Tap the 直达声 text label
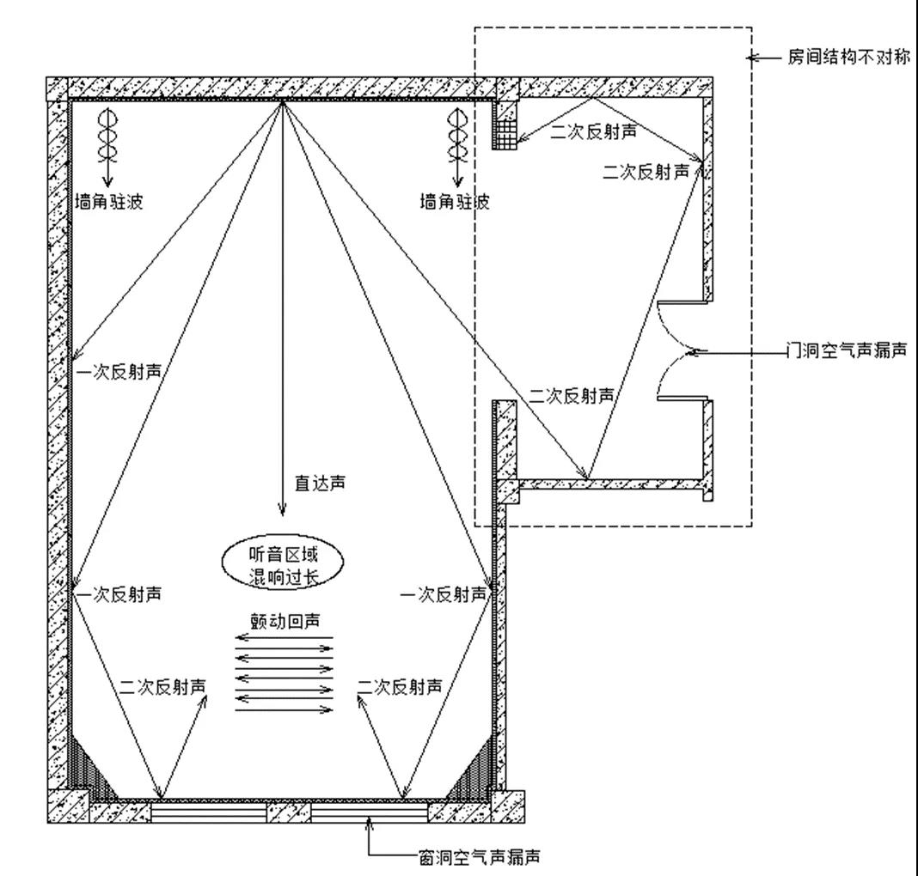point(320,484)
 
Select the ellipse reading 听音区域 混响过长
point(282,564)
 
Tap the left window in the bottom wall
point(204,810)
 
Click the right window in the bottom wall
point(369,810)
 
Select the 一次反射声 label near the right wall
point(444,594)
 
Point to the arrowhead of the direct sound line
point(282,512)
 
